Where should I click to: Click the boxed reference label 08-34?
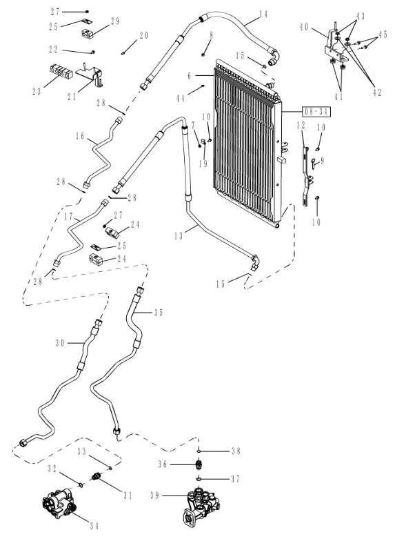(316, 112)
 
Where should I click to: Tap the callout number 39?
(155, 496)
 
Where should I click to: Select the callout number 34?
(94, 526)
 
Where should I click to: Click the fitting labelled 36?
(199, 464)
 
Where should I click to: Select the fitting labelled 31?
(97, 477)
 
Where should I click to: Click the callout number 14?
(263, 14)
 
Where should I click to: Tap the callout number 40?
(304, 27)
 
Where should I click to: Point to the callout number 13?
(179, 236)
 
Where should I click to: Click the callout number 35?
(159, 313)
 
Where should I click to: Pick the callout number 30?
(61, 343)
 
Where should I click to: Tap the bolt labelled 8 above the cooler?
(203, 54)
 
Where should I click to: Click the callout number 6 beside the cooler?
(190, 76)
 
